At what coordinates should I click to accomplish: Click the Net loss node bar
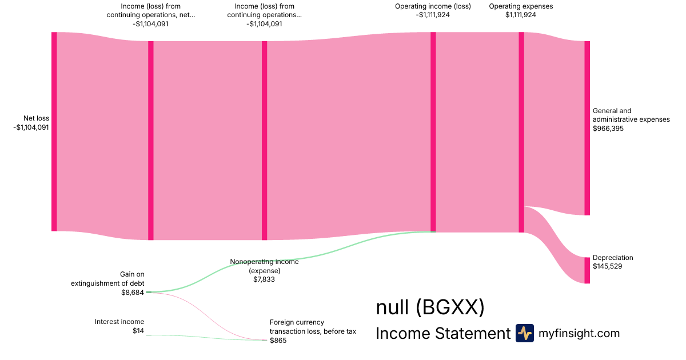click(54, 131)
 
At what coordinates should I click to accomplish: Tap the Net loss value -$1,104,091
click(31, 127)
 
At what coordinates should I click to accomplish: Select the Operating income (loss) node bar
click(433, 131)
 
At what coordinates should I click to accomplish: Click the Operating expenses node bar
click(521, 131)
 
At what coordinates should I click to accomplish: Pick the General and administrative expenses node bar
click(587, 128)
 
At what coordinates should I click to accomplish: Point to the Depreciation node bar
click(587, 270)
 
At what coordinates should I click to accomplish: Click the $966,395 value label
click(608, 129)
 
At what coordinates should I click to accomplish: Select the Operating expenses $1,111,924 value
click(521, 15)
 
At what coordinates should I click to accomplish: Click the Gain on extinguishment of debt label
click(108, 279)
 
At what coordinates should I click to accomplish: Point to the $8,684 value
click(133, 293)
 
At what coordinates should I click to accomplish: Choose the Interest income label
click(119, 322)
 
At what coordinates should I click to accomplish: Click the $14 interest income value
click(138, 331)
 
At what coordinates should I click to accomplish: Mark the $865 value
click(278, 341)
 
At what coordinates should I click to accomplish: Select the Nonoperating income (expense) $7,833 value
click(264, 279)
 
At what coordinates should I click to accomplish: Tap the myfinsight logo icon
click(524, 333)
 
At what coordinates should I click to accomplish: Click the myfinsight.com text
click(579, 333)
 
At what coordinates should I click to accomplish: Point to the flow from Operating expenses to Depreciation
click(557, 240)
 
